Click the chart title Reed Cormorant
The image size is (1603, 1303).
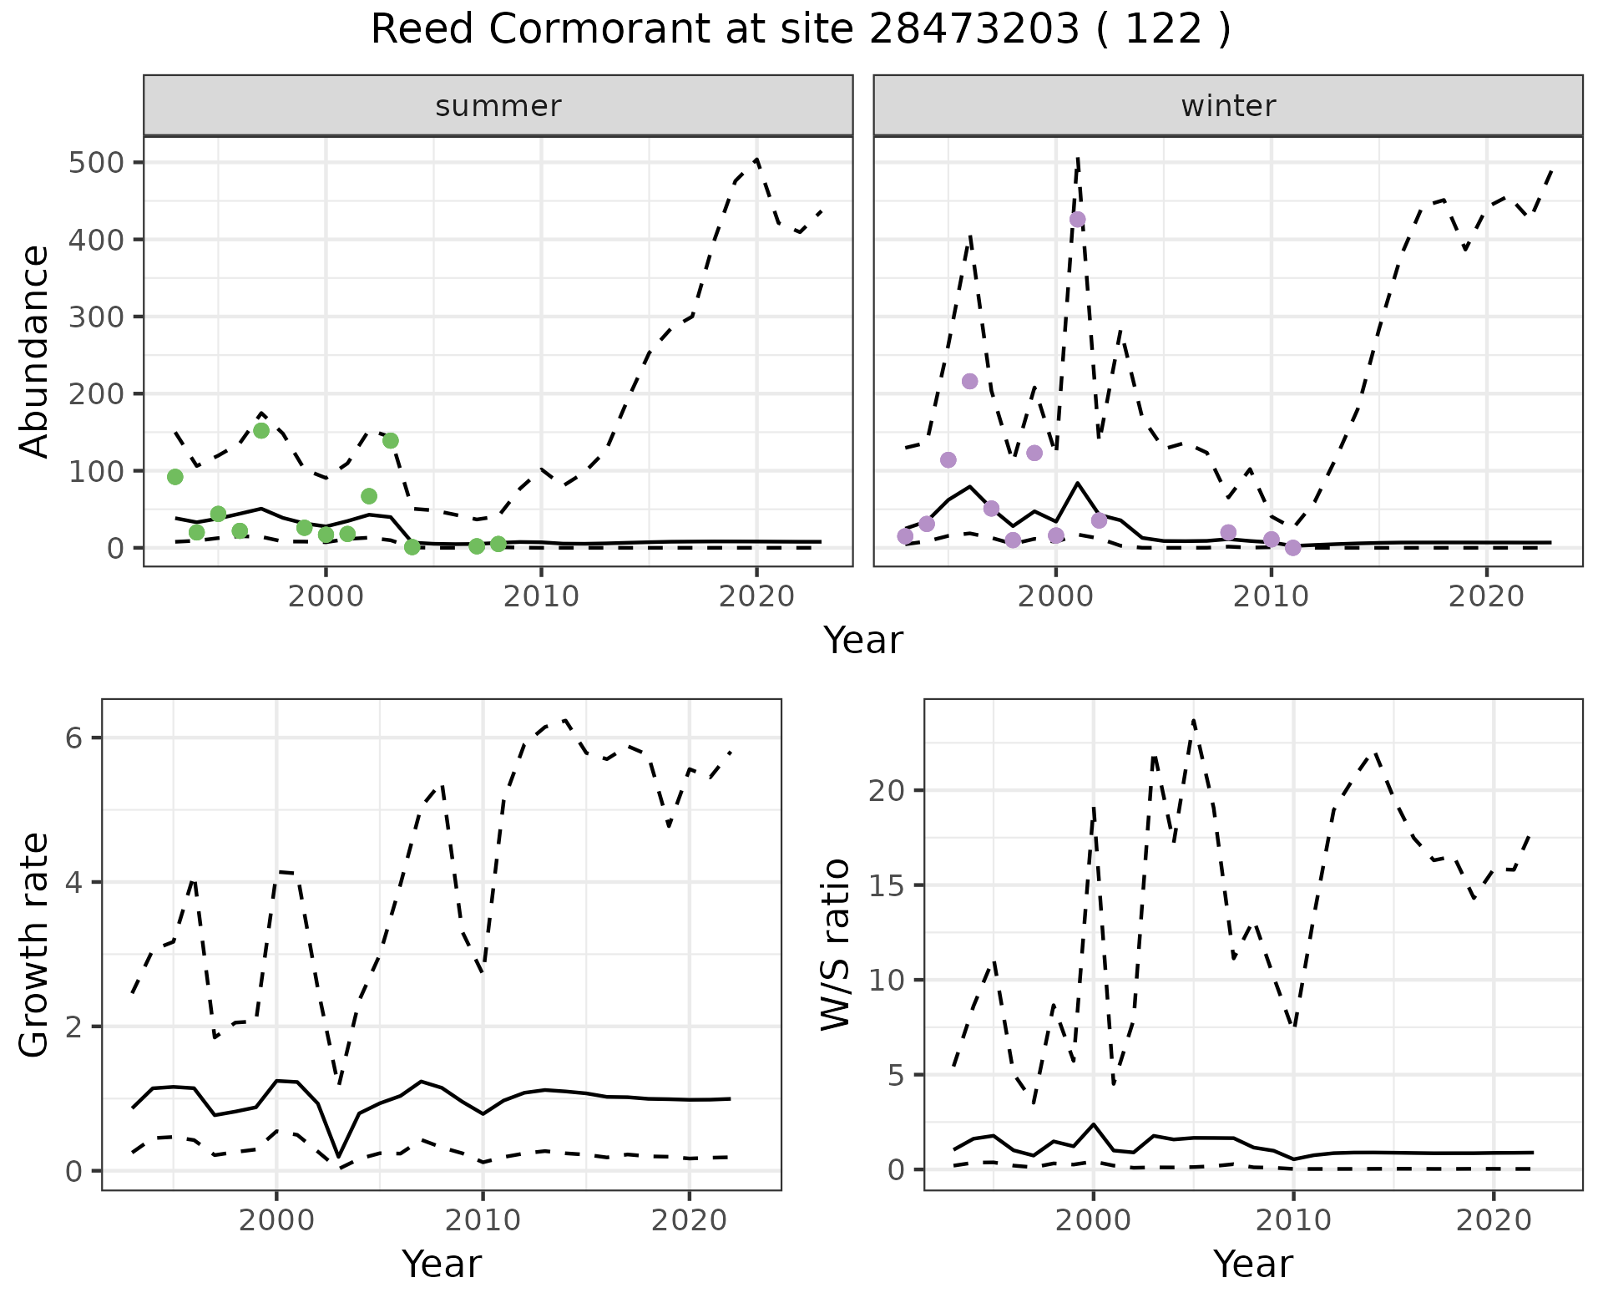click(x=800, y=30)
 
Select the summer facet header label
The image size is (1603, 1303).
click(x=498, y=106)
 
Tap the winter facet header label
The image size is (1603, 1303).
click(x=1228, y=106)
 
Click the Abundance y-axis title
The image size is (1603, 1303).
click(x=34, y=352)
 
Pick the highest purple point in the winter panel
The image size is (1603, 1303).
click(x=1077, y=220)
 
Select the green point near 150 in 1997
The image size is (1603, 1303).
click(x=261, y=430)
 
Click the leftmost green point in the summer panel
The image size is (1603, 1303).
click(x=175, y=477)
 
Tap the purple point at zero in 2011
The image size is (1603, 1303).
click(x=1293, y=548)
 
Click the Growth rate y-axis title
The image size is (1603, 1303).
click(x=34, y=946)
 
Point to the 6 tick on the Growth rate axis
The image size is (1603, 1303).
click(x=75, y=738)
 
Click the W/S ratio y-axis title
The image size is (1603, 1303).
click(x=835, y=946)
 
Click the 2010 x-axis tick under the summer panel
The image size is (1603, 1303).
click(x=541, y=597)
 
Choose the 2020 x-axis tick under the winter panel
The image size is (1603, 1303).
click(x=1486, y=597)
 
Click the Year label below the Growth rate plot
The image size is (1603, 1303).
click(x=442, y=1264)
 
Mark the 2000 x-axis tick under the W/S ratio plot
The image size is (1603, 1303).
click(x=1093, y=1220)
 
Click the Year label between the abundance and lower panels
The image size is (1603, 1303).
click(x=863, y=641)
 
